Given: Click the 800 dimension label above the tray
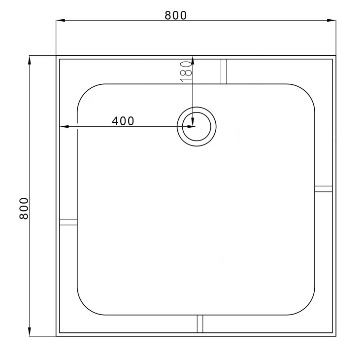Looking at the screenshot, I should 175,15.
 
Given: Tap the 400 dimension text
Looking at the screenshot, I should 123,121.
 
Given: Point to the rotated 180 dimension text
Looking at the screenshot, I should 185,71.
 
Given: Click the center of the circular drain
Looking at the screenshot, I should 196,126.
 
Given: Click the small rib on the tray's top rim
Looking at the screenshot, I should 224,72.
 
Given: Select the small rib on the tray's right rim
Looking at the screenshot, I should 324,188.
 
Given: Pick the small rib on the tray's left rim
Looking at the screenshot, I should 68,222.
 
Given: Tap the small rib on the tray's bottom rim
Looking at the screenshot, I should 200,324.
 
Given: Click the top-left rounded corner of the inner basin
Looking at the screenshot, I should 84,91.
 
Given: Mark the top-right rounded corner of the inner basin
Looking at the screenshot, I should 308,91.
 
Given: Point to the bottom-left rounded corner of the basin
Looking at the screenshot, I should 84,308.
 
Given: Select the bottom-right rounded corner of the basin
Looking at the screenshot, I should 308,308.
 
